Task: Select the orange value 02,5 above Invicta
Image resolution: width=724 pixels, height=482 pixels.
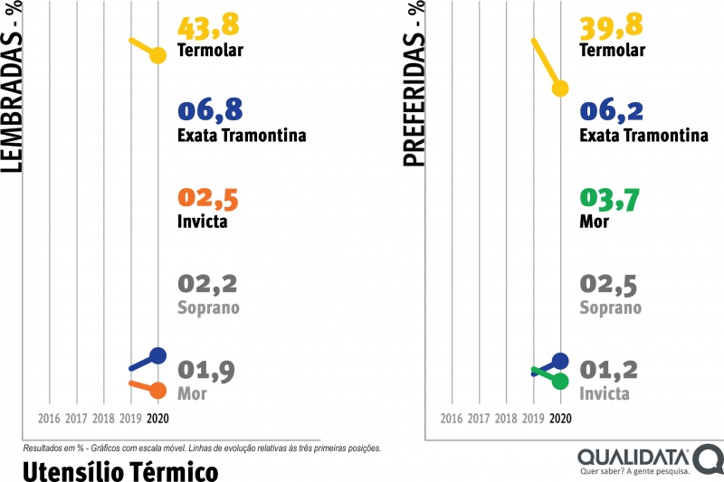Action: tap(207, 198)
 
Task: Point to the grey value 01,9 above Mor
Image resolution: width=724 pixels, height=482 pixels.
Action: tap(207, 371)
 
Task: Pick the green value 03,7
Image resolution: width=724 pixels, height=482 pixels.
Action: tap(608, 198)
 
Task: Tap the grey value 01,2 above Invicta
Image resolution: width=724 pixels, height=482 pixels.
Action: tap(609, 371)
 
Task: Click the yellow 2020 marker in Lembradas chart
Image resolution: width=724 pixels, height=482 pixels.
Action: tap(157, 55)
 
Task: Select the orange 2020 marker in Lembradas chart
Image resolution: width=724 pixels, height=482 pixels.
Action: tap(157, 391)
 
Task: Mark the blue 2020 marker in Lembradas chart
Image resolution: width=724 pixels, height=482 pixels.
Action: tap(157, 355)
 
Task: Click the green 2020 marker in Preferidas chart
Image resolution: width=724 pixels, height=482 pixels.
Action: tap(560, 381)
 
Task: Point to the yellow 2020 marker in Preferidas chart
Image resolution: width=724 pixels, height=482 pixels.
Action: tap(560, 88)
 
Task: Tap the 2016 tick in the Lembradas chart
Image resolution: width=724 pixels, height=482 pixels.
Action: tap(50, 419)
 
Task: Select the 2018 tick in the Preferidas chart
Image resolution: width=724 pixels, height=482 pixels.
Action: tap(506, 419)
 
